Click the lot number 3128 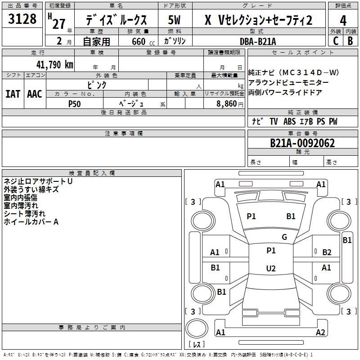click(22, 19)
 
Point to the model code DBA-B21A click(258, 41)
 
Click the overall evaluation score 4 click(343, 21)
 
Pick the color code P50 click(75, 103)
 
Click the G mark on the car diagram click(284, 237)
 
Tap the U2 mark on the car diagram click(270, 269)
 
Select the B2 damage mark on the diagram click(327, 252)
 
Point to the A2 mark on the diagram click(320, 333)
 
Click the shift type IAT click(13, 94)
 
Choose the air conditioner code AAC click(35, 94)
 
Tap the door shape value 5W click(175, 20)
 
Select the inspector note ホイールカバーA click(31, 222)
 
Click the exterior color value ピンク click(97, 85)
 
